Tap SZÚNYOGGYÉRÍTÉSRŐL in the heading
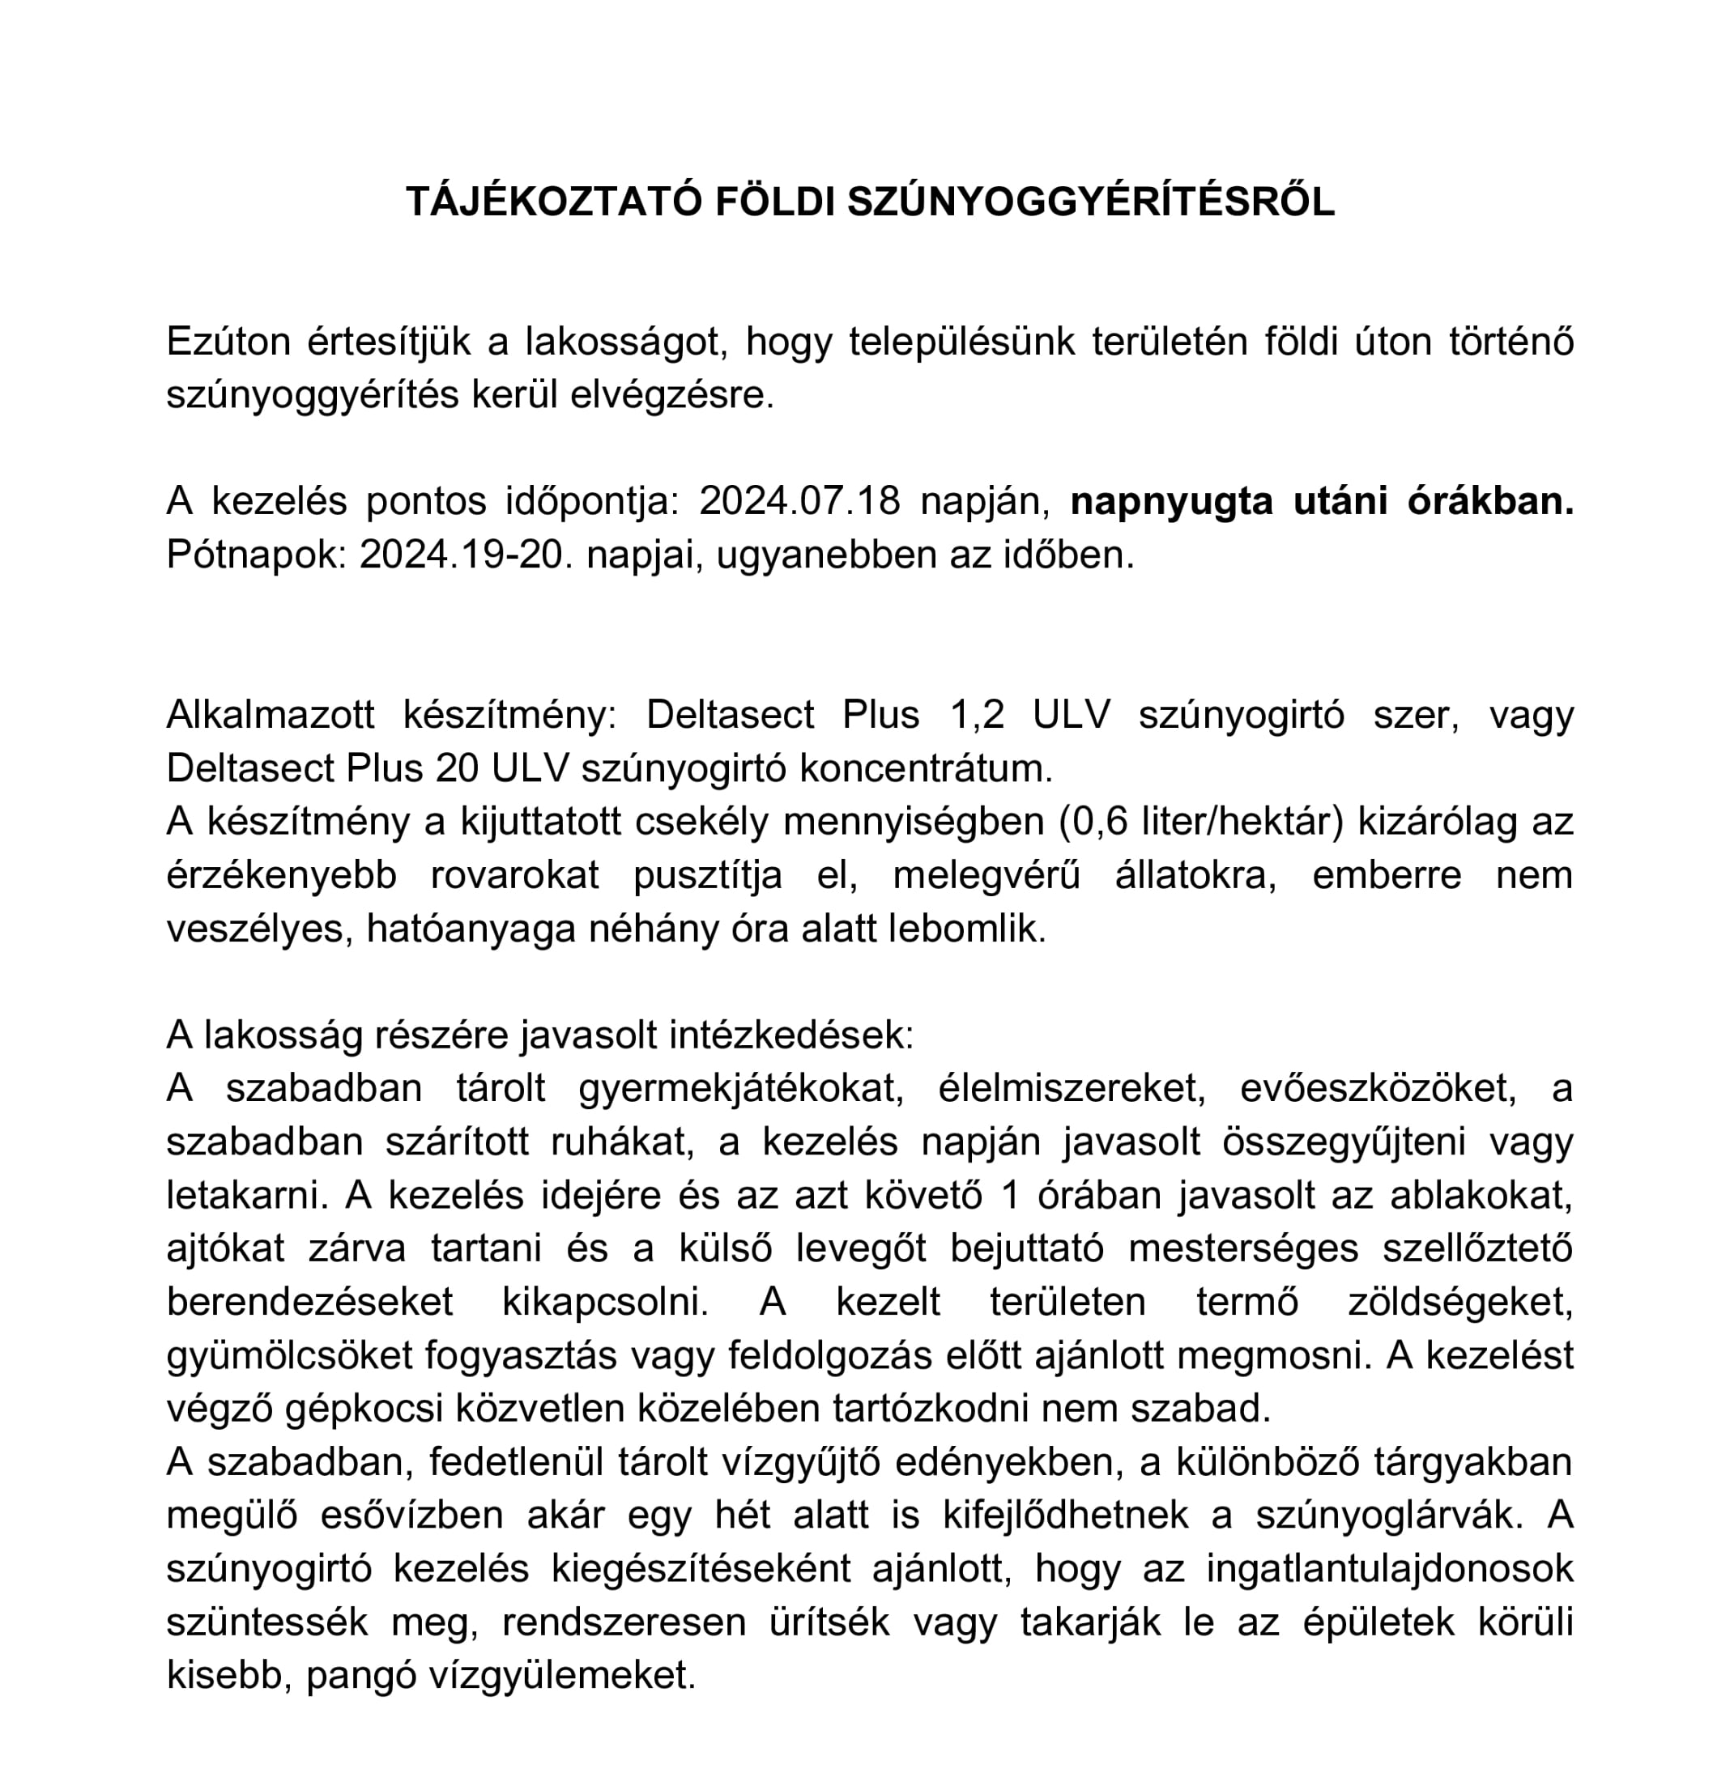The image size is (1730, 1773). point(1090,202)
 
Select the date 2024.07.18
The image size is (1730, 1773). point(799,501)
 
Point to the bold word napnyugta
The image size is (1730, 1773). point(1171,501)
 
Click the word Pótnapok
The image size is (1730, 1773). point(255,555)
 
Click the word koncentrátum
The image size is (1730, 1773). point(925,768)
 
